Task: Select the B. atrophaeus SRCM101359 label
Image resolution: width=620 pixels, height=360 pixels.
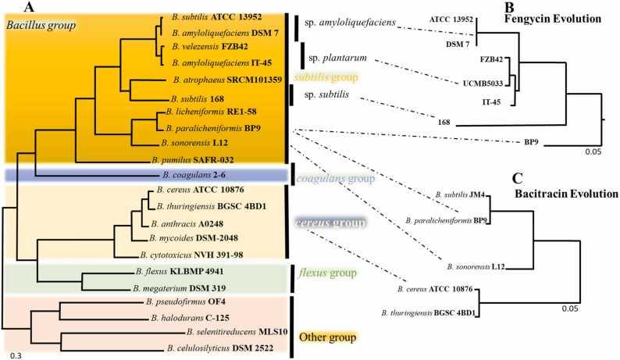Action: (221, 80)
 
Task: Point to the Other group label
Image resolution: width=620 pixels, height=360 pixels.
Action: (330, 337)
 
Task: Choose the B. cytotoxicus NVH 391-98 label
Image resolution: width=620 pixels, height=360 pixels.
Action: (194, 255)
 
